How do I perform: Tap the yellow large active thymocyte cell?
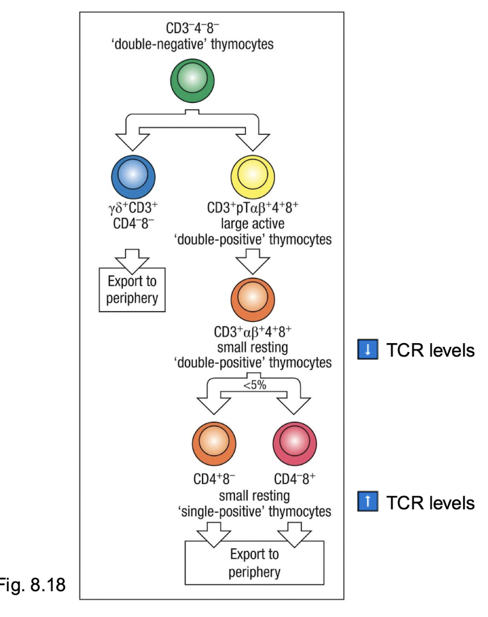click(252, 176)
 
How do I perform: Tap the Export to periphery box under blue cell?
click(132, 289)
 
